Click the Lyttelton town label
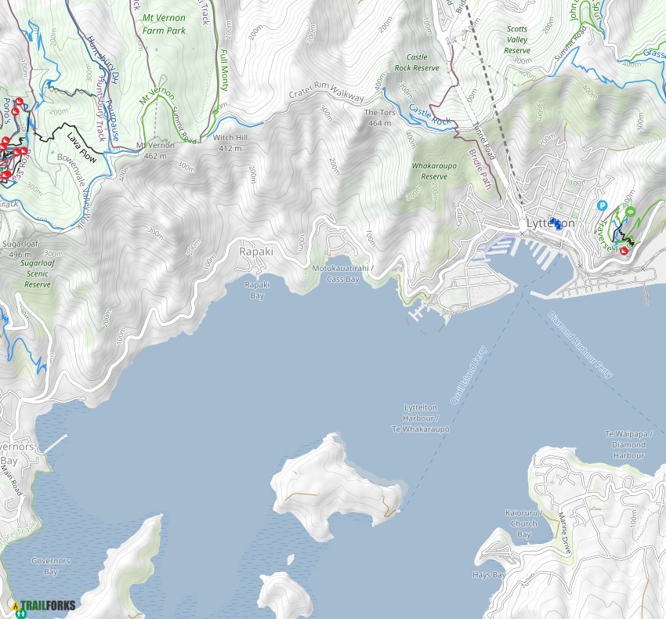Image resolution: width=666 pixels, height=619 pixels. (550, 224)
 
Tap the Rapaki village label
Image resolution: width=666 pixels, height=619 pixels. (256, 252)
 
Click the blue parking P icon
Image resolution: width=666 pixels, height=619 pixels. (603, 206)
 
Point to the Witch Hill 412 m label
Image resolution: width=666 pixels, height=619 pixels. (230, 142)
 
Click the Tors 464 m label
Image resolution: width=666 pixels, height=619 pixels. (378, 118)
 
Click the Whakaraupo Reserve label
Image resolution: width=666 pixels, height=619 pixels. (429, 171)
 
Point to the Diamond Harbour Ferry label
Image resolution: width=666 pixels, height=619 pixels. (581, 346)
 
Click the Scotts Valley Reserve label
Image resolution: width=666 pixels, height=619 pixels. (517, 40)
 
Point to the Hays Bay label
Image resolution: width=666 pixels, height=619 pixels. (487, 574)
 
